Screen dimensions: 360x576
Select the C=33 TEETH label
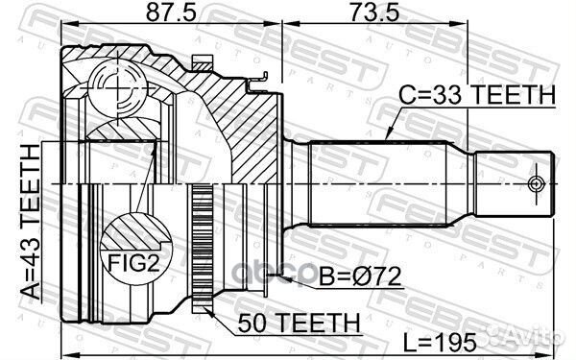tap(476, 94)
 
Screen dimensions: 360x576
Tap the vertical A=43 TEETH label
tap(33, 220)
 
